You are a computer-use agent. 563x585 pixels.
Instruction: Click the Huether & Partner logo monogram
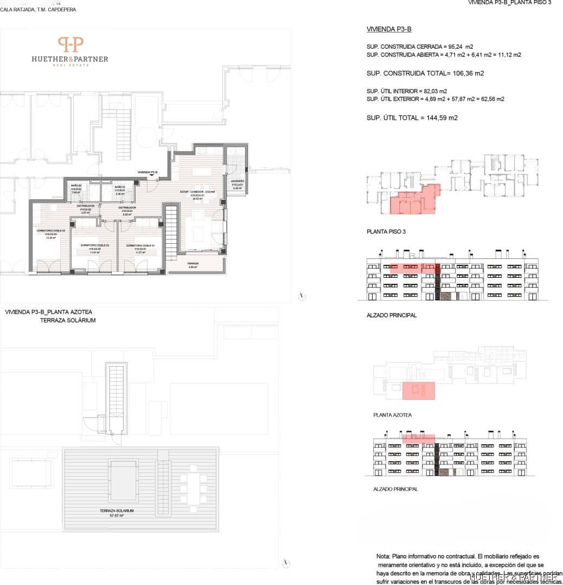point(71,44)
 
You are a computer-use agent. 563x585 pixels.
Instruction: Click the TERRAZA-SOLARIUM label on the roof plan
point(117,511)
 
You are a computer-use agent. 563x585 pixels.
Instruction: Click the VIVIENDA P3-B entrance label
point(148,172)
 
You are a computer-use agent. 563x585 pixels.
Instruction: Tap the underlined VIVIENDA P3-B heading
point(385,29)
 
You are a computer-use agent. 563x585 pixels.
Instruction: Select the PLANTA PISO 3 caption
point(386,231)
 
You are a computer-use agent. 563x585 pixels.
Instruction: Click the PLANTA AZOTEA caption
point(392,415)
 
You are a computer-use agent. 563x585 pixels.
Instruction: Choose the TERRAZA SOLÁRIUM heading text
point(68,321)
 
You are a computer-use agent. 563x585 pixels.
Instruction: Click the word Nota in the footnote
point(383,556)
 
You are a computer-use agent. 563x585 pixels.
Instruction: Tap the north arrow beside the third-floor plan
point(303,295)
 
